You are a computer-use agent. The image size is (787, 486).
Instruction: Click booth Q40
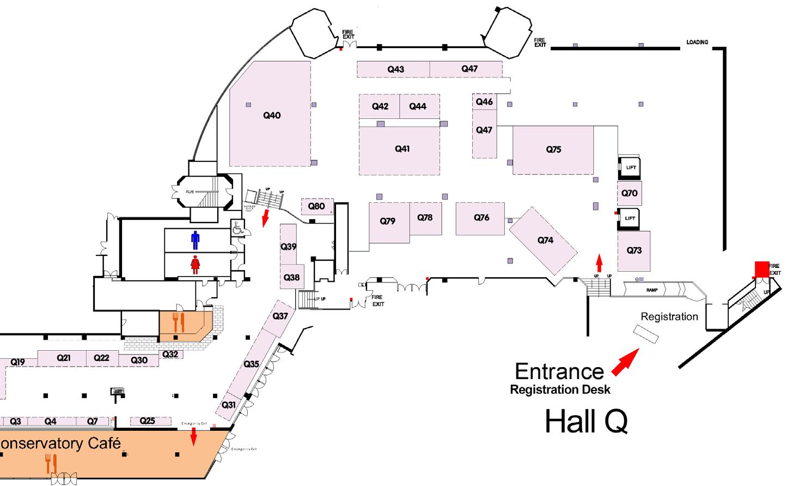(271, 115)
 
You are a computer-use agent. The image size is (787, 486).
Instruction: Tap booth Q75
(553, 149)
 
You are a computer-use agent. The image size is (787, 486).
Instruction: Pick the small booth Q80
(316, 206)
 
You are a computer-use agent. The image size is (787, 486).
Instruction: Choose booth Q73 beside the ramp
(634, 250)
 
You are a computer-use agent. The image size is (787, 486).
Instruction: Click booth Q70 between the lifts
(630, 193)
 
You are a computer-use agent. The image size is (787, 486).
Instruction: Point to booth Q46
(484, 101)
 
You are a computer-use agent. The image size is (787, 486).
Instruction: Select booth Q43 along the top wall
(395, 69)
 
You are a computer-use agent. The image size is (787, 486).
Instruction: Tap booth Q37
(280, 317)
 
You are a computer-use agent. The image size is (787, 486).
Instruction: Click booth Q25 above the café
(147, 421)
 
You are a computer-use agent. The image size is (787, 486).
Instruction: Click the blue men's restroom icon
(196, 239)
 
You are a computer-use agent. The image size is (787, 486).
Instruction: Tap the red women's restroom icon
(196, 265)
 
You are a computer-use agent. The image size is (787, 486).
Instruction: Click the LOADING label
(697, 42)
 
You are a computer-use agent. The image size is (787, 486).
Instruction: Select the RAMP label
(652, 290)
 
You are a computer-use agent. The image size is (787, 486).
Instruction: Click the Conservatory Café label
(60, 442)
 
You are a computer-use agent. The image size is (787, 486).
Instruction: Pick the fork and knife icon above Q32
(179, 322)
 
